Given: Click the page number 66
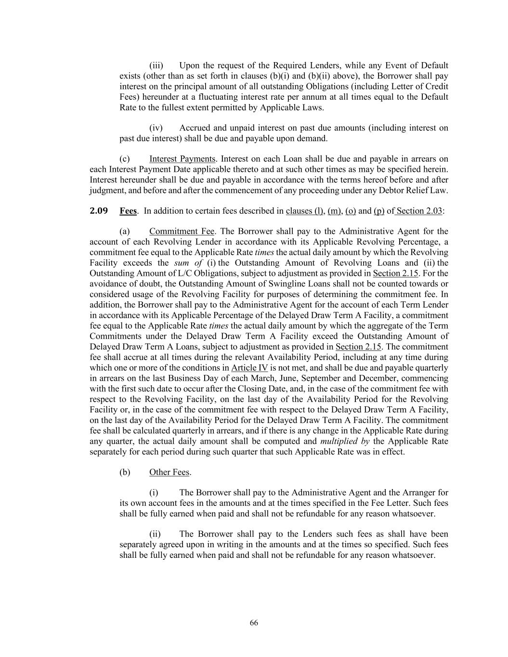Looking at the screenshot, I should [254, 623].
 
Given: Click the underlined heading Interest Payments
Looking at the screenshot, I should [182, 159].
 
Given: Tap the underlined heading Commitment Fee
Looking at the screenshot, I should [182, 232].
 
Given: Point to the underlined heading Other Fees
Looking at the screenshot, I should [169, 472].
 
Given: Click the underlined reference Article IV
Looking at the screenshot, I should [249, 368].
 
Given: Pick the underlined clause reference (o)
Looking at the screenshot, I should [350, 211].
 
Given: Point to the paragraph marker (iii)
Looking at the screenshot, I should [156, 65].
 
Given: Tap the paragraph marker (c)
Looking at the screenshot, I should [124, 159].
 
